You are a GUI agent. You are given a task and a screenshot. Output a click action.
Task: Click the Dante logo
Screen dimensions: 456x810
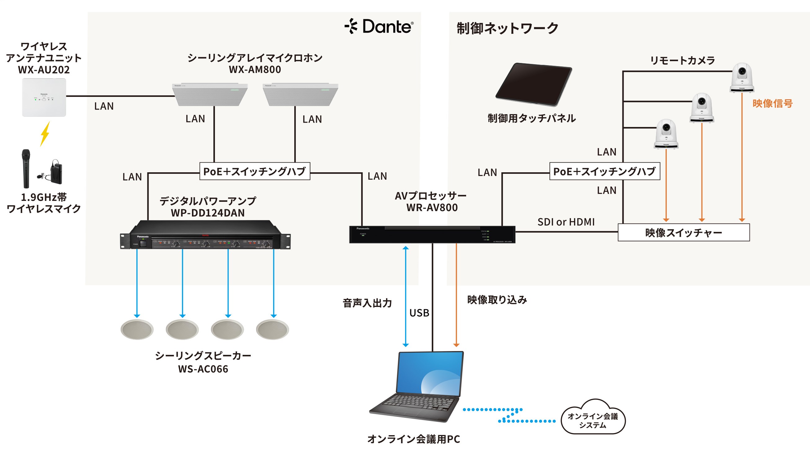tap(379, 26)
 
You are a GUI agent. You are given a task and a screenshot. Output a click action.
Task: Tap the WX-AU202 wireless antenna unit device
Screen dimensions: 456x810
tap(44, 97)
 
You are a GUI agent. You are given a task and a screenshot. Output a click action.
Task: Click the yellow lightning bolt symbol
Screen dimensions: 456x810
tap(45, 134)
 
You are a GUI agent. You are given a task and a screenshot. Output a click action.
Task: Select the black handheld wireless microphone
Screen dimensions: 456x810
tap(26, 168)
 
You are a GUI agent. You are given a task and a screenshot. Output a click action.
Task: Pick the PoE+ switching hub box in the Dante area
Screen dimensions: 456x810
tap(255, 171)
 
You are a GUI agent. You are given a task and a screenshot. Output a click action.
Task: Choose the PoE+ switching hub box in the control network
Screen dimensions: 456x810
tap(604, 171)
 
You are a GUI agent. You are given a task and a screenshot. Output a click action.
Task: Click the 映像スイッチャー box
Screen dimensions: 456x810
tap(683, 233)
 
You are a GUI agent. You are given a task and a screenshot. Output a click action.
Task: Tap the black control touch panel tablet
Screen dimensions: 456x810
tap(534, 84)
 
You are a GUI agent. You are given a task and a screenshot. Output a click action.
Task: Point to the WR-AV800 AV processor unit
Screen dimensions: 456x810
tap(432, 234)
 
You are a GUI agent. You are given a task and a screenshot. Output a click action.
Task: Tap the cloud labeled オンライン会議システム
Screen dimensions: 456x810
tap(593, 419)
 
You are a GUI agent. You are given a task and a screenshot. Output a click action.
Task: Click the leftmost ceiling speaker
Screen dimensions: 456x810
tap(137, 329)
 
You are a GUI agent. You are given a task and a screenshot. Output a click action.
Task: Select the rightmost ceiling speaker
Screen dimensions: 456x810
tap(272, 329)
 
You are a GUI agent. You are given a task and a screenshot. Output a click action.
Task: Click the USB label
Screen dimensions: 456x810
tap(419, 313)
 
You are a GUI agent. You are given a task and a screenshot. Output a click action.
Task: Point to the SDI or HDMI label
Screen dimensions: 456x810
tap(566, 222)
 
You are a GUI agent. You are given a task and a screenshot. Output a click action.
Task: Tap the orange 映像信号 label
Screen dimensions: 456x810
tap(772, 103)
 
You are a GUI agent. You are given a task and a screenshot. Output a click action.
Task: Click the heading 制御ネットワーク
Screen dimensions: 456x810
tap(507, 28)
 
